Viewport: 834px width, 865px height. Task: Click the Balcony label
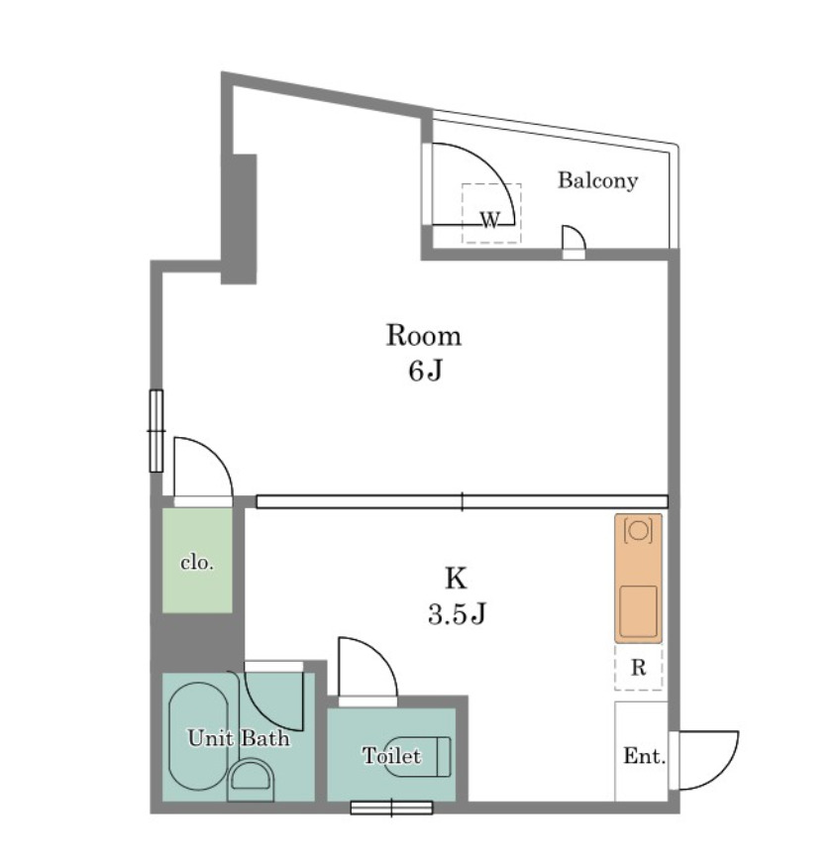[x=597, y=180]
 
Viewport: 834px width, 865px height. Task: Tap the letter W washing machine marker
[x=490, y=220]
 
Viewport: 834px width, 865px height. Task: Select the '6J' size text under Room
[x=425, y=371]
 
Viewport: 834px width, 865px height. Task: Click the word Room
[x=424, y=336]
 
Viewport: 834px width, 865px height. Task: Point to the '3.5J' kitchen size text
[x=457, y=613]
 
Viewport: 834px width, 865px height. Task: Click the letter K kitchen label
[x=457, y=578]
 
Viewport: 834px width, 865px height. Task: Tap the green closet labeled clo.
[x=197, y=560]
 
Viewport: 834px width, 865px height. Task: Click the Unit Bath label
[x=239, y=737]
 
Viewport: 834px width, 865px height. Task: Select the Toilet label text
[x=391, y=755]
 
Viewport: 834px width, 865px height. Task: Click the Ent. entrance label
[x=644, y=756]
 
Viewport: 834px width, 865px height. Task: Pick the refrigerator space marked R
[x=639, y=667]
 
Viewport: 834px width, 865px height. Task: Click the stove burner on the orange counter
[x=638, y=531]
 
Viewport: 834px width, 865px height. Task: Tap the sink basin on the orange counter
[x=638, y=611]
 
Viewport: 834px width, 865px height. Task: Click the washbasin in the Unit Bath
[x=252, y=779]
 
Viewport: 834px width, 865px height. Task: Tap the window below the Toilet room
[x=391, y=808]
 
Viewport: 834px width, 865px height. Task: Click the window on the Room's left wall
[x=156, y=430]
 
